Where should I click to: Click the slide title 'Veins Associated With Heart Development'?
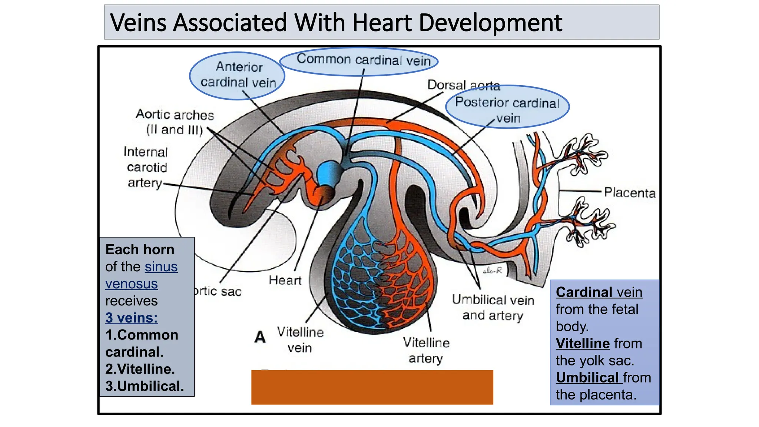[x=336, y=23]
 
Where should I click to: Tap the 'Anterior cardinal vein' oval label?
[x=238, y=75]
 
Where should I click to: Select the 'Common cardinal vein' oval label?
[x=363, y=60]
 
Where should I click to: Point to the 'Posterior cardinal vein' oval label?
[x=507, y=109]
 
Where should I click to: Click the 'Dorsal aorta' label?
[x=463, y=85]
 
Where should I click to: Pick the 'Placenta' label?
[x=629, y=193]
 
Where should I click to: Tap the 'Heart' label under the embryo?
[x=285, y=280]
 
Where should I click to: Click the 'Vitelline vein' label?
[x=300, y=340]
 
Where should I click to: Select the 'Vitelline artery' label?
[x=426, y=350]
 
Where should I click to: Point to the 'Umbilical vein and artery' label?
[x=493, y=307]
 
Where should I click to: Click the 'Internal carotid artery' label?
[x=146, y=167]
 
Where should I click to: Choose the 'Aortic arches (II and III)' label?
[x=175, y=122]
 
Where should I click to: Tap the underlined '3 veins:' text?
[x=132, y=318]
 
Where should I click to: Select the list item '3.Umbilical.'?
[x=145, y=386]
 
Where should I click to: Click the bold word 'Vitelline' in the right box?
[x=583, y=344]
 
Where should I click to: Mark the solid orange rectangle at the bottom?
[x=372, y=387]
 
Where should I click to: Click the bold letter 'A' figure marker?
[x=260, y=337]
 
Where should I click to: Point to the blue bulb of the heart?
[x=328, y=173]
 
